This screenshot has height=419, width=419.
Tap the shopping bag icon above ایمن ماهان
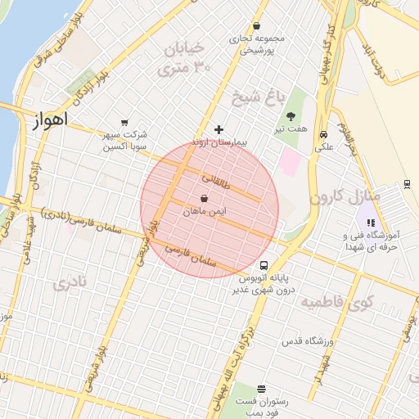click(x=204, y=199)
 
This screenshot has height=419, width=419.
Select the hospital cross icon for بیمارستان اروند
click(x=219, y=129)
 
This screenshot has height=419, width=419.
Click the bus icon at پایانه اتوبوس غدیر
click(x=264, y=266)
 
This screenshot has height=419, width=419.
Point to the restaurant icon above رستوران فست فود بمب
click(x=261, y=389)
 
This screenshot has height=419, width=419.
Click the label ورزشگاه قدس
click(x=309, y=340)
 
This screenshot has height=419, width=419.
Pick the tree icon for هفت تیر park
click(x=291, y=116)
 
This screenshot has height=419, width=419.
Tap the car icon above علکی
click(x=325, y=135)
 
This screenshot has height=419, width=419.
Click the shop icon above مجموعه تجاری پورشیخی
click(x=257, y=25)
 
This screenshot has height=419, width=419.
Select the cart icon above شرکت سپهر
click(x=124, y=123)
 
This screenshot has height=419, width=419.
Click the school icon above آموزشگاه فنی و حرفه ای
click(x=371, y=222)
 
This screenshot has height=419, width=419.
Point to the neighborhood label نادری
click(x=70, y=284)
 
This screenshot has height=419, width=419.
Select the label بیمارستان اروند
click(x=219, y=142)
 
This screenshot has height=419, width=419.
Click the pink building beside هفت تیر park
click(x=290, y=160)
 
